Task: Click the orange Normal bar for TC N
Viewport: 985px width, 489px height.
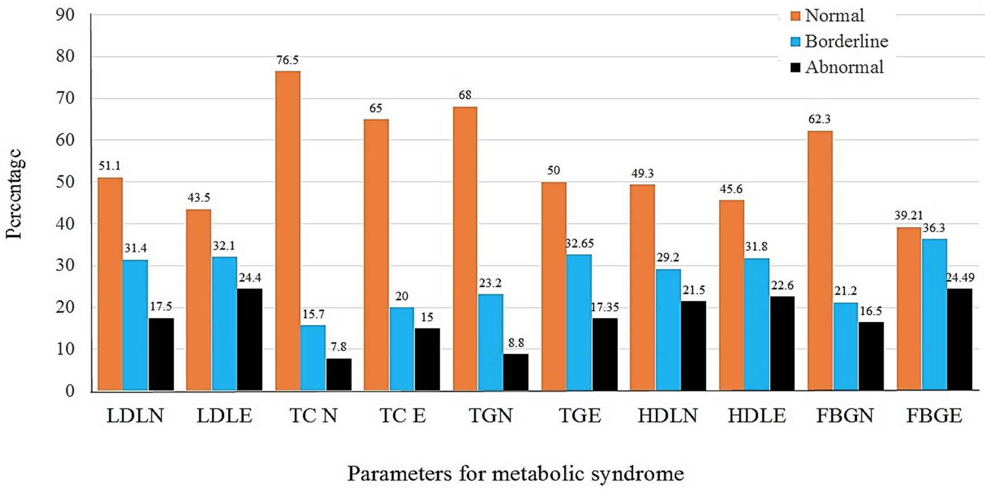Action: pos(288,231)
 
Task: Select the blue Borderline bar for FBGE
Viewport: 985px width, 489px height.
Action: pos(934,315)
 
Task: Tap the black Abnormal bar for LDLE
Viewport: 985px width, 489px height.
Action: pos(250,339)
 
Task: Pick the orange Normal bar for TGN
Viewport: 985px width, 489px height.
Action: pos(465,248)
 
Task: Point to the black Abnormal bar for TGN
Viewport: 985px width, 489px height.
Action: pos(516,372)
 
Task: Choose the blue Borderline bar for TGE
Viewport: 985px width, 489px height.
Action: pos(579,322)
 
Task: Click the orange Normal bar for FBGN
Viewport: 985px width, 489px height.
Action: pos(820,260)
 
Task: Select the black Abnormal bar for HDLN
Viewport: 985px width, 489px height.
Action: pos(693,346)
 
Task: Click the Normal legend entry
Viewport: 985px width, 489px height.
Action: pos(827,15)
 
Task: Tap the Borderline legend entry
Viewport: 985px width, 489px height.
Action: pos(839,41)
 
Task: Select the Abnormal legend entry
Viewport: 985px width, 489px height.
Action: pos(837,67)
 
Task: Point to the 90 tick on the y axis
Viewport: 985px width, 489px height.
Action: pos(65,15)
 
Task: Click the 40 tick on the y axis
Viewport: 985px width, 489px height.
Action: pos(65,224)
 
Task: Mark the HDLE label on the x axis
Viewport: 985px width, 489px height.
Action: pos(757,415)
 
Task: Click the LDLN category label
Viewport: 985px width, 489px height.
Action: pos(135,415)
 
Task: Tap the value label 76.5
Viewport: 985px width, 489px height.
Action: pos(288,60)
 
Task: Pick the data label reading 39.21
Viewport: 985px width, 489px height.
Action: pos(908,215)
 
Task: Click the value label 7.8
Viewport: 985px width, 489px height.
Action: pos(339,347)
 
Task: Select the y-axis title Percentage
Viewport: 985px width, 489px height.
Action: pos(14,194)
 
